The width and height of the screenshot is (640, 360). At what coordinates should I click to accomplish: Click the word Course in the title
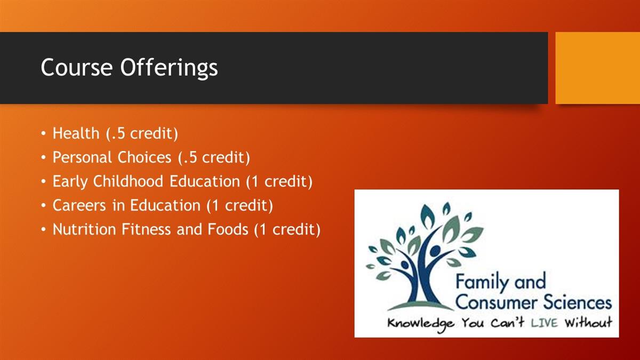pyautogui.click(x=77, y=67)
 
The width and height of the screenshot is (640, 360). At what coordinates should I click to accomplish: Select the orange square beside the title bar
pyautogui.click(x=598, y=68)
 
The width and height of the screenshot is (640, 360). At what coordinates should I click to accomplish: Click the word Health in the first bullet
pyautogui.click(x=76, y=133)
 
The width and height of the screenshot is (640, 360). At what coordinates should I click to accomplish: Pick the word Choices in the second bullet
pyautogui.click(x=145, y=157)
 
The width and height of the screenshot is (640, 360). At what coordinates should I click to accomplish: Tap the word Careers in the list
pyautogui.click(x=79, y=205)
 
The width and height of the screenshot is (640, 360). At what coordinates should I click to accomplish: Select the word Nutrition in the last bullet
pyautogui.click(x=84, y=229)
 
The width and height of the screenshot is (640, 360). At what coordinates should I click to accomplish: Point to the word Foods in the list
pyautogui.click(x=228, y=229)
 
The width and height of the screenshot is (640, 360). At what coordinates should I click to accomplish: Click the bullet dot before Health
pyautogui.click(x=43, y=134)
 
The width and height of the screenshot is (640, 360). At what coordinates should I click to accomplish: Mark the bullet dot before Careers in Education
pyautogui.click(x=43, y=206)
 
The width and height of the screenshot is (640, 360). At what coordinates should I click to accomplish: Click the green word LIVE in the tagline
pyautogui.click(x=544, y=323)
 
